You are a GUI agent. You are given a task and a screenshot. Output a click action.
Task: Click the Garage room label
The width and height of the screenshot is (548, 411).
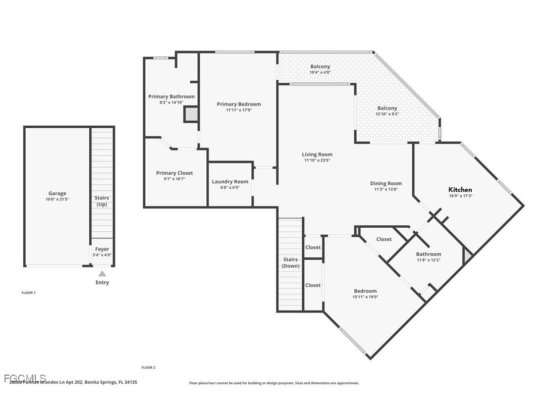(x=57, y=193)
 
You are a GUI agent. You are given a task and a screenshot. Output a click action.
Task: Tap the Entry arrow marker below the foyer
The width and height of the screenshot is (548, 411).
(x=102, y=273)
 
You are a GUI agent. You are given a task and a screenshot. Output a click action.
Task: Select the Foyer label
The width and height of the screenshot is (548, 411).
(x=102, y=249)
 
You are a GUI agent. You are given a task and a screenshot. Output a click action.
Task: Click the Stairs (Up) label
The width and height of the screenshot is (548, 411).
(x=102, y=201)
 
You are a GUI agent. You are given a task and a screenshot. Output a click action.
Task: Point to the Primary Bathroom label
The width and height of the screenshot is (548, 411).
(x=171, y=96)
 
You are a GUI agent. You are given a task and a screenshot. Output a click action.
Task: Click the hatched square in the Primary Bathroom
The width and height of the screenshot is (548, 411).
(x=191, y=115)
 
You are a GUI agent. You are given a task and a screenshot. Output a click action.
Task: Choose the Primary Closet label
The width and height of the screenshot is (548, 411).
(x=174, y=173)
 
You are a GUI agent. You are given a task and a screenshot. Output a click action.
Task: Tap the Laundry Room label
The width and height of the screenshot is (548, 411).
(x=230, y=182)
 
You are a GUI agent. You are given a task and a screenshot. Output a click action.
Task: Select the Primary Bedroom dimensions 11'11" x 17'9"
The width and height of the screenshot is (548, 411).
(x=239, y=110)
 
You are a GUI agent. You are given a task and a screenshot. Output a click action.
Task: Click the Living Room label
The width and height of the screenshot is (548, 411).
(x=317, y=155)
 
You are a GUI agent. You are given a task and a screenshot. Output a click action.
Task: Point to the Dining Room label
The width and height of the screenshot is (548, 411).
(x=386, y=184)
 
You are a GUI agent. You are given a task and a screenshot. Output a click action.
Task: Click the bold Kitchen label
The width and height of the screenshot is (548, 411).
(x=460, y=190)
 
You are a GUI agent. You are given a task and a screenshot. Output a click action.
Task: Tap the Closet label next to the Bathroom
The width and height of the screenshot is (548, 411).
(x=384, y=239)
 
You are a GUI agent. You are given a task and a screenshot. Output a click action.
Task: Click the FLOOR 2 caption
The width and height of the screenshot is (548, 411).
(x=148, y=368)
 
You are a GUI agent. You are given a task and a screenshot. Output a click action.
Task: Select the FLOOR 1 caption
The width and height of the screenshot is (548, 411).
(x=28, y=293)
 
